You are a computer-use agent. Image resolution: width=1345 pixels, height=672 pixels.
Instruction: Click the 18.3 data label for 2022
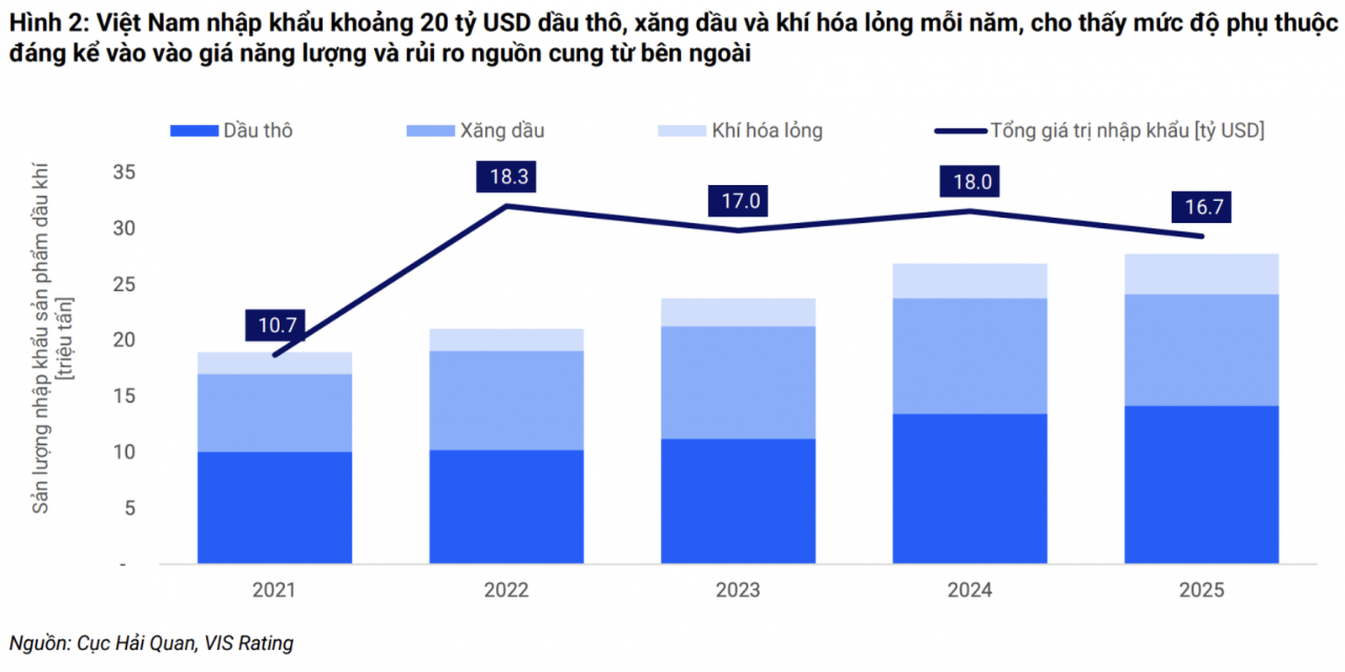point(508,177)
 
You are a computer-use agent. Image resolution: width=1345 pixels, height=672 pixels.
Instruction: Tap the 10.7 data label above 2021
point(277,325)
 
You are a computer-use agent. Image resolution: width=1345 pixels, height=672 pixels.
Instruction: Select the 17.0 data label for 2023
point(740,201)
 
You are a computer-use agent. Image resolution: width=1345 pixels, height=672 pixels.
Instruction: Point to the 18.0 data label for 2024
point(971,182)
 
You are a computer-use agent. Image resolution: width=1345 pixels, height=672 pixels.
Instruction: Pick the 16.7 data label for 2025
point(1203,207)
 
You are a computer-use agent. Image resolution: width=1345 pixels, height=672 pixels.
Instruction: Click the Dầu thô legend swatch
point(194,131)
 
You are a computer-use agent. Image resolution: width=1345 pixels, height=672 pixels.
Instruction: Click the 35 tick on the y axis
point(124,172)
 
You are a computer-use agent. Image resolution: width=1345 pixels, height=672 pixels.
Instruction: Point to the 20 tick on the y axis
point(124,340)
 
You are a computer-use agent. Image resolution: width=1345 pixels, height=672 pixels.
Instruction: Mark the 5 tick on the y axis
point(129,508)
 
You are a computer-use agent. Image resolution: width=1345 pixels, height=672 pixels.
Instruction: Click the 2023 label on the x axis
point(737,590)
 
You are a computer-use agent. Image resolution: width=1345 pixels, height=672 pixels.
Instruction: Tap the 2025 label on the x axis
point(1201,590)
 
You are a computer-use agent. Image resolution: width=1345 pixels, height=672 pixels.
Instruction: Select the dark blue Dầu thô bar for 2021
point(275,507)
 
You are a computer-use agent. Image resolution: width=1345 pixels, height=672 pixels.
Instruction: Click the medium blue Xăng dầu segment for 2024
point(969,356)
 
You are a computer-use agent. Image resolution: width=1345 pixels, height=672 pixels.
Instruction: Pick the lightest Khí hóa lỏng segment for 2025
point(1201,274)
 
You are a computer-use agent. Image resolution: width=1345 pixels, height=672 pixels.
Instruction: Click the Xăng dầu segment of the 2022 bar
point(506,400)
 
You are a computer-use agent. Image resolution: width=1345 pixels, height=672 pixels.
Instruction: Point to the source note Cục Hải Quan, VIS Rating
point(151,643)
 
